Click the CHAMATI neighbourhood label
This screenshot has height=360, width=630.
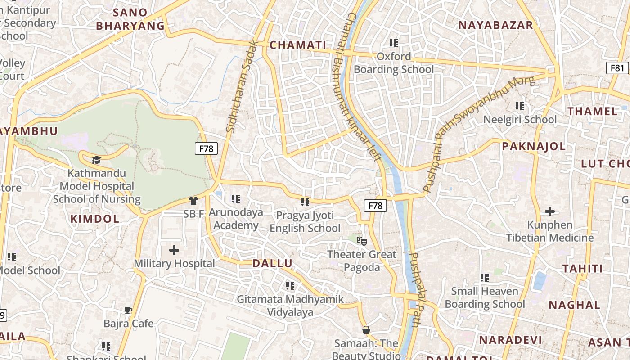click(297, 45)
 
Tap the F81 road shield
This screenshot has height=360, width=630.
click(617, 68)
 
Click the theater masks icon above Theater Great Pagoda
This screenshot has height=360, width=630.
click(362, 241)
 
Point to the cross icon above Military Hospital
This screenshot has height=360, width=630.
click(174, 250)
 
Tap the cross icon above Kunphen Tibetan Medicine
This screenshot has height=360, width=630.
click(549, 211)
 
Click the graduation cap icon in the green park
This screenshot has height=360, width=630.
click(96, 160)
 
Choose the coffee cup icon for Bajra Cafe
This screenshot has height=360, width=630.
click(128, 310)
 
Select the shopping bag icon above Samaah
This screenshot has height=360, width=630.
click(366, 330)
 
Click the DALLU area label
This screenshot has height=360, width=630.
click(272, 264)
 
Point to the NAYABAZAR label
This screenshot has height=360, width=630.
click(495, 25)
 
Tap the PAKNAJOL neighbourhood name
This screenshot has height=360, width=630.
click(534, 146)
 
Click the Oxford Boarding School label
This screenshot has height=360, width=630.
click(394, 63)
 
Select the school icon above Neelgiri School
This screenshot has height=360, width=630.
click(520, 106)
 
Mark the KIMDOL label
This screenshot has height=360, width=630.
click(95, 219)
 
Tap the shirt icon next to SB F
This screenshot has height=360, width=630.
click(193, 201)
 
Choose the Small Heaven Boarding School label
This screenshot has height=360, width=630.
click(485, 297)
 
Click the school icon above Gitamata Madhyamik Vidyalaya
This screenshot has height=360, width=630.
click(290, 285)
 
